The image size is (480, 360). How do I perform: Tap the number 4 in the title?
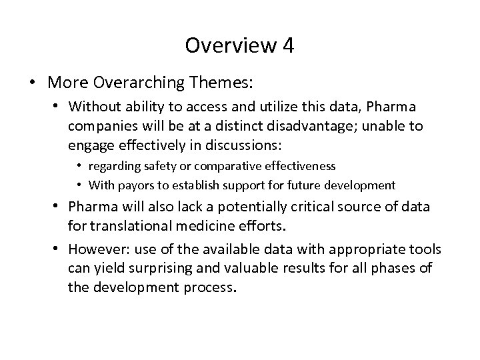coord(287,46)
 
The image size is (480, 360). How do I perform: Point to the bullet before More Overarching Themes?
coord(32,83)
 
